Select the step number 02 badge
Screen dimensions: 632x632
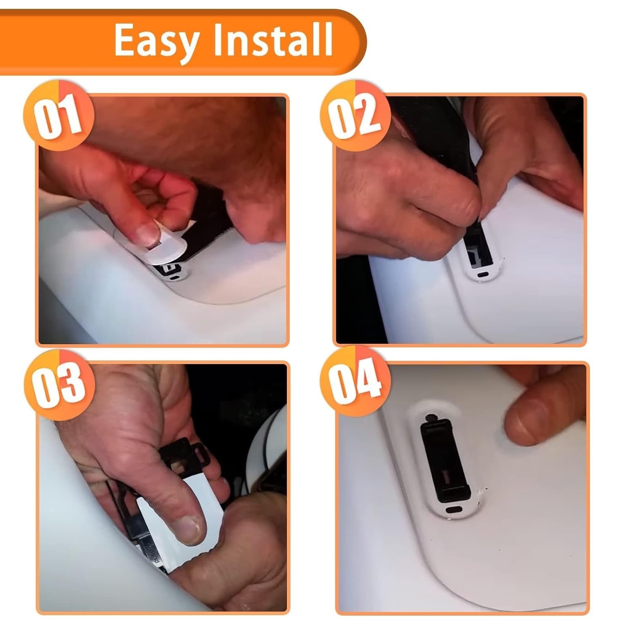355,114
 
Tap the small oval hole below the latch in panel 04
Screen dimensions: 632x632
453,509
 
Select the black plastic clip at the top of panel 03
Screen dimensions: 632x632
185,457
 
